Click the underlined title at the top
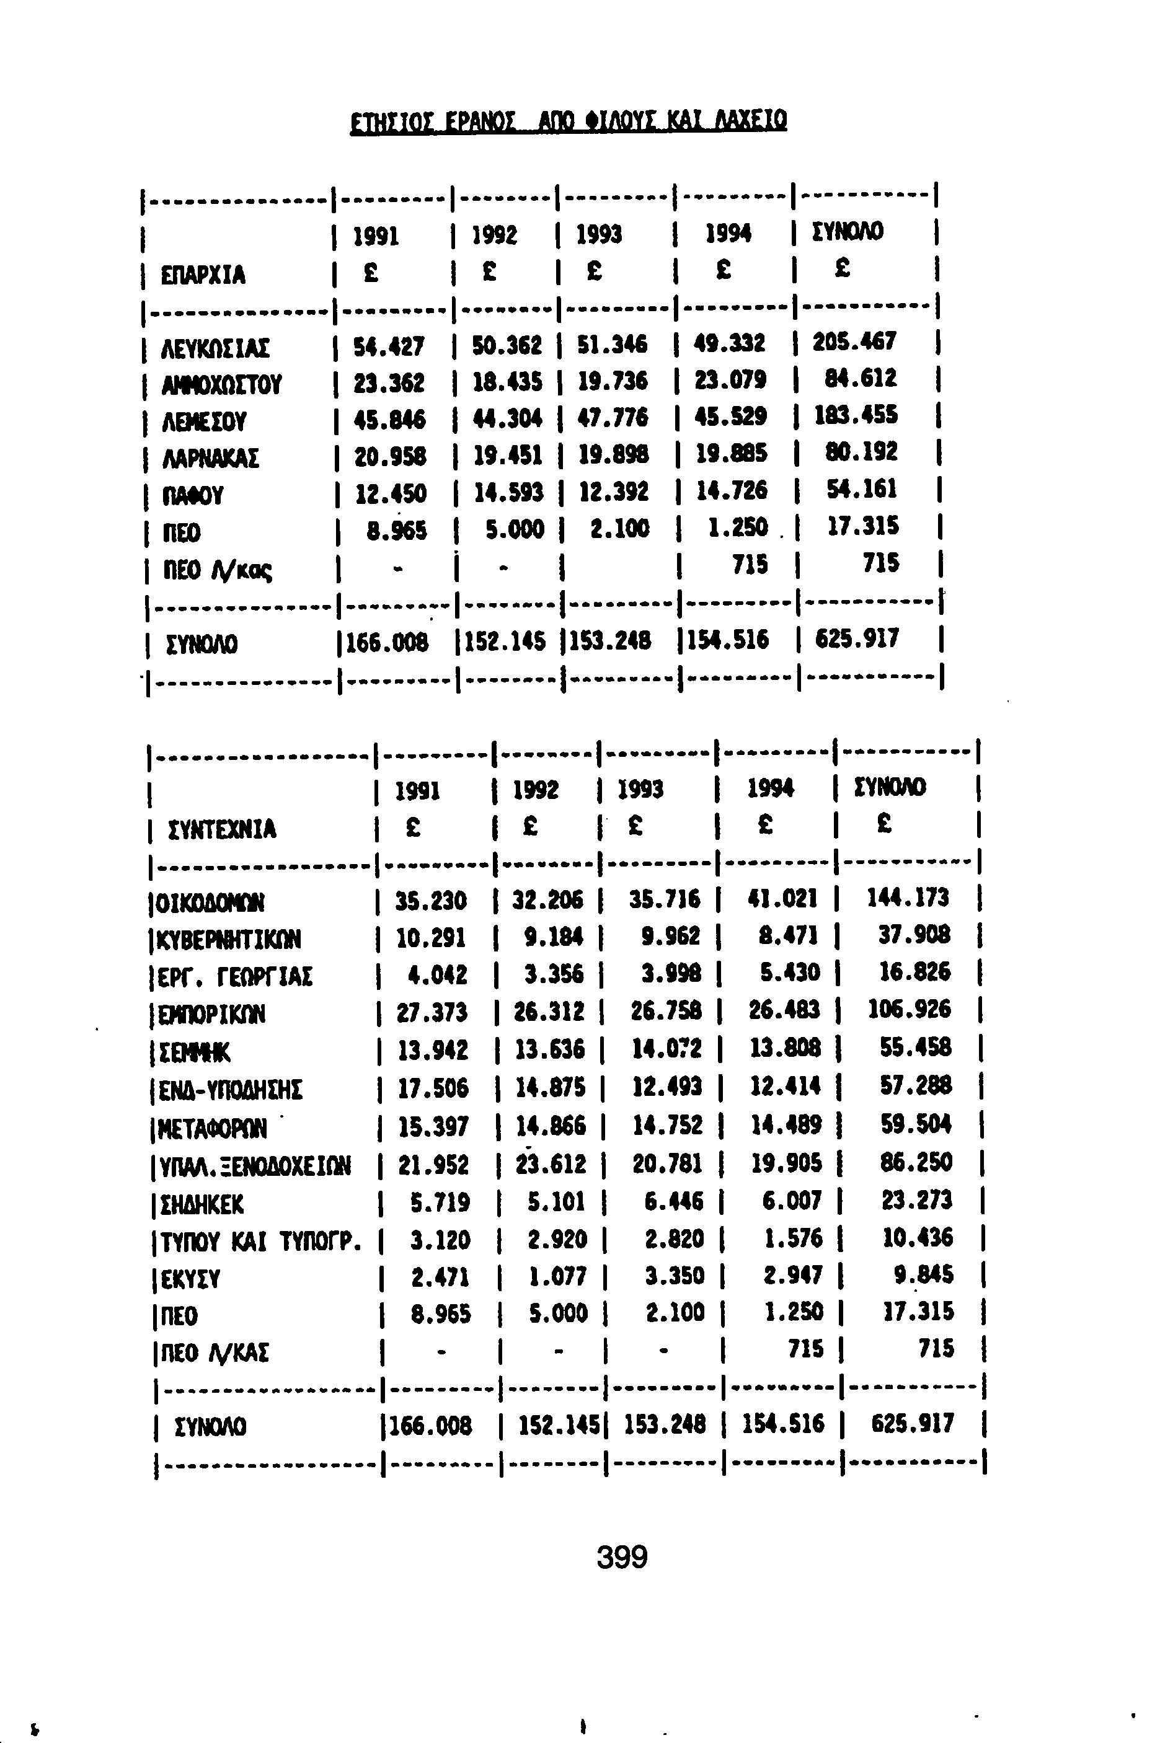(x=568, y=119)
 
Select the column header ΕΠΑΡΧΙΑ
(x=203, y=275)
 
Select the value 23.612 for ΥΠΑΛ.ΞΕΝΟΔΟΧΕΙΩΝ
(x=549, y=1165)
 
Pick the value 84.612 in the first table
(x=861, y=379)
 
